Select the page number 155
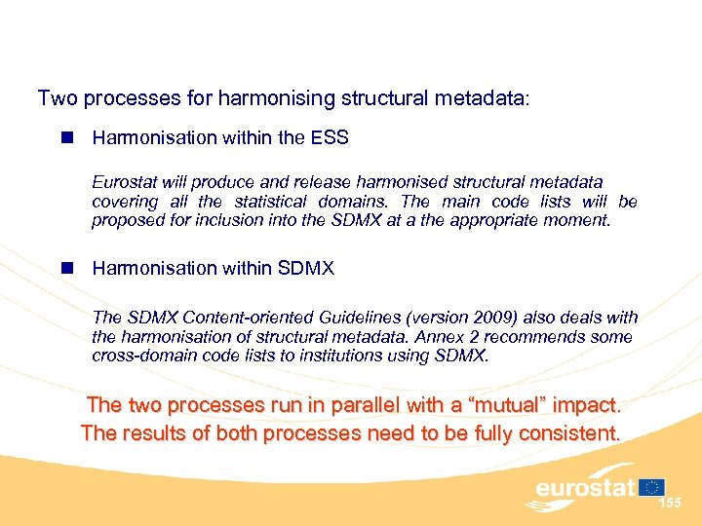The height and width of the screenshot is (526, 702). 670,503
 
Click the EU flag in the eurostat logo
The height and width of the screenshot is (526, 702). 652,486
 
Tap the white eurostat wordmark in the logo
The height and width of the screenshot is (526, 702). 584,487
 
